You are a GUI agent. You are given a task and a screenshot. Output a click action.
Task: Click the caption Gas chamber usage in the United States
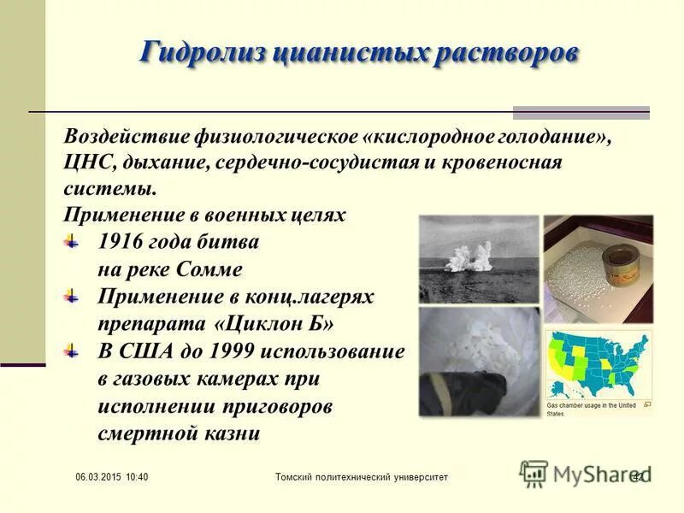click(592, 409)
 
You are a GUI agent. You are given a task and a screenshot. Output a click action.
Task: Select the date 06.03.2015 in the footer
click(93, 476)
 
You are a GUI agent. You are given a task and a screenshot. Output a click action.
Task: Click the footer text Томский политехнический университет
click(361, 476)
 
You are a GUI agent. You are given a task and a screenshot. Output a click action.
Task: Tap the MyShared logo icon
click(534, 473)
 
